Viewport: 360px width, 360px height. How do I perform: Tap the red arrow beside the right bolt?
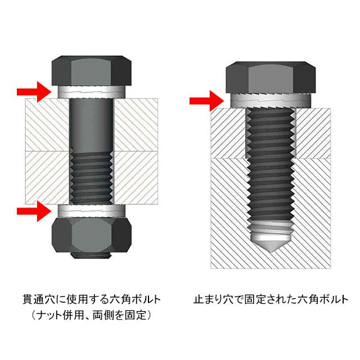[x=202, y=101]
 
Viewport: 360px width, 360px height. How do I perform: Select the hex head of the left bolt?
[x=93, y=70]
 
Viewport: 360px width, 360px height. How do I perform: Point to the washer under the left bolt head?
[x=93, y=91]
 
